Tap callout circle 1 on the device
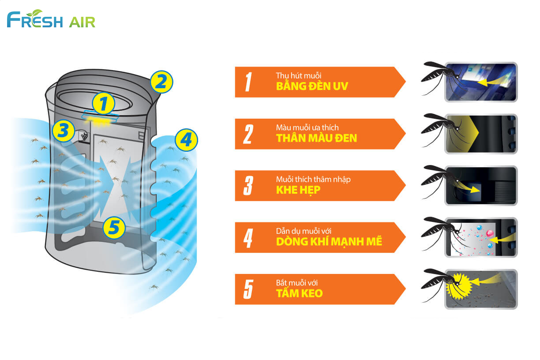[x=103, y=104]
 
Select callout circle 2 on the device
[x=161, y=82]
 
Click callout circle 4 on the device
[x=186, y=141]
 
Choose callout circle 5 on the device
[x=114, y=228]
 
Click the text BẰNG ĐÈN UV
[x=311, y=86]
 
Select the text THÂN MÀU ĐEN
[x=316, y=138]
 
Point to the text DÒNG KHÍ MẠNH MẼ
[x=329, y=242]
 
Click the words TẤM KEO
[x=299, y=293]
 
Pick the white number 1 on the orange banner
[x=248, y=82]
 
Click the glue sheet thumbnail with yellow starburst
[x=480, y=289]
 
